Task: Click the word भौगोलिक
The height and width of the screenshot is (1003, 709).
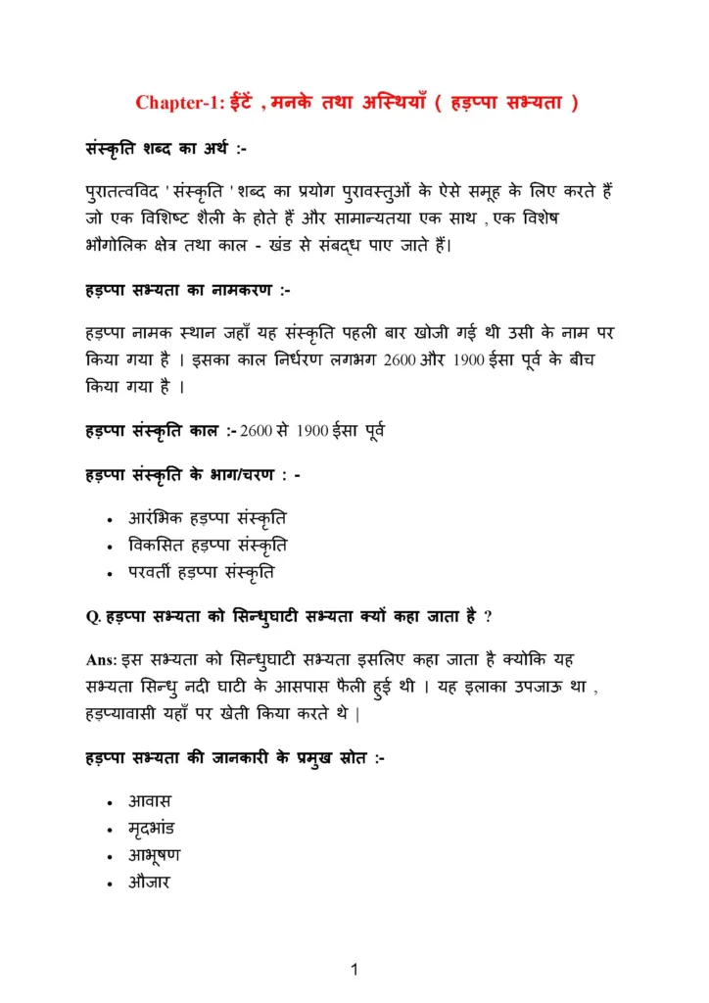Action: point(119,244)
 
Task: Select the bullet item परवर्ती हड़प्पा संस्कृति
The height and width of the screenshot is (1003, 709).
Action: point(202,570)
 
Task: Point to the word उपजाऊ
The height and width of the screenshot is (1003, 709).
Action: point(540,688)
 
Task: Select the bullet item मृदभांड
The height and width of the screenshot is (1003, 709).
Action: point(151,829)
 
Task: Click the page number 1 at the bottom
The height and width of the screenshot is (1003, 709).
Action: point(354,971)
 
